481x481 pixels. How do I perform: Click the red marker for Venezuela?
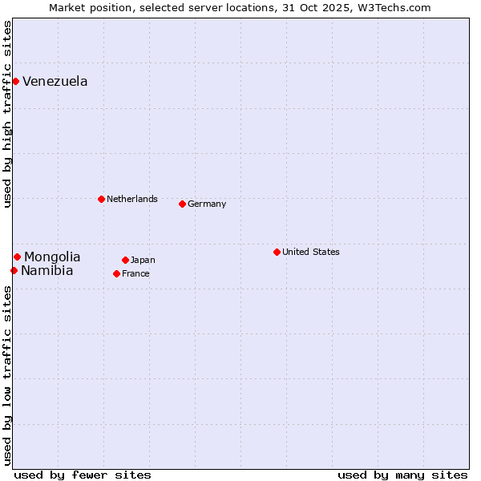(15, 81)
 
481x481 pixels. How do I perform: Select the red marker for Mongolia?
(17, 257)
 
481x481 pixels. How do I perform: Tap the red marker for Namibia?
(14, 270)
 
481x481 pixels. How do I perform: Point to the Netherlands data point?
(101, 199)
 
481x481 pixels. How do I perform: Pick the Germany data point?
(182, 204)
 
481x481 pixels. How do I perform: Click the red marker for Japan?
(125, 260)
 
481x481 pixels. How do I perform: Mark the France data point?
(116, 273)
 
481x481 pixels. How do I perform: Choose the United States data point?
(277, 252)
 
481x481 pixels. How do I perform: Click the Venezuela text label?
(55, 82)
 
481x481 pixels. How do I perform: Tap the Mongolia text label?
(52, 257)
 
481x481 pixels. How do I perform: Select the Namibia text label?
(47, 271)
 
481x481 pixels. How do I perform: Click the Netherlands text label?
(132, 199)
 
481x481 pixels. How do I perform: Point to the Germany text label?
(207, 204)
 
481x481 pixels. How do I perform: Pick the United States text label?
(311, 252)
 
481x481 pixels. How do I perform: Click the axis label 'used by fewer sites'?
(83, 475)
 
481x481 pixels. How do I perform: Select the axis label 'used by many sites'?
(402, 475)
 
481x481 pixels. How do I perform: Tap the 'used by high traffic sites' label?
(7, 114)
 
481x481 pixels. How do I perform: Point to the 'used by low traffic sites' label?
(7, 374)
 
